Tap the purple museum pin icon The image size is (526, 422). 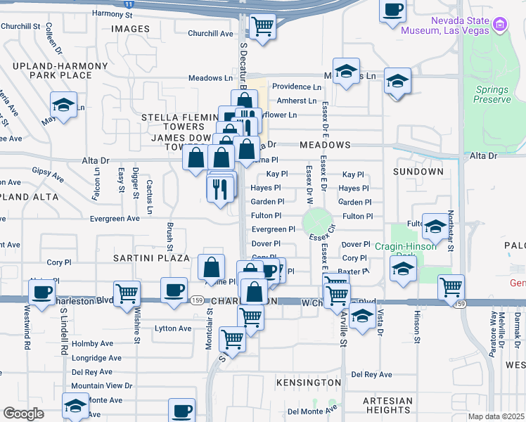point(501,26)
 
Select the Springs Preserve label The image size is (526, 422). point(493,95)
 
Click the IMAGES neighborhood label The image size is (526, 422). point(131,29)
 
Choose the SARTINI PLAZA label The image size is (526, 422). point(152,258)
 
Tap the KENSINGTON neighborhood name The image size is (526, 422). point(309,382)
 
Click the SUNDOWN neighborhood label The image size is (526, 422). point(418,172)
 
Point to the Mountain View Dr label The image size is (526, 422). point(102,386)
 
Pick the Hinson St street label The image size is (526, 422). point(417,330)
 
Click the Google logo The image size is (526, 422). point(23,414)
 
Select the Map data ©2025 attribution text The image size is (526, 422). point(496,416)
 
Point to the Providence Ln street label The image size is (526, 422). point(297,87)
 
